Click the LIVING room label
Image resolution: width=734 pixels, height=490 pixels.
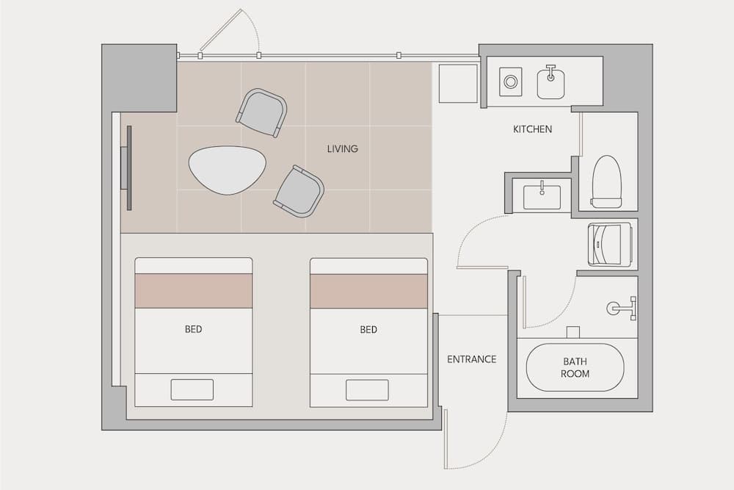click(x=342, y=149)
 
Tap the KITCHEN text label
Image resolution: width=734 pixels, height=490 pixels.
click(x=532, y=129)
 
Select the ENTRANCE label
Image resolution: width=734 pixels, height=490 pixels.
click(x=471, y=359)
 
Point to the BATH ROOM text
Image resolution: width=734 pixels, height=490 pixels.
click(x=575, y=367)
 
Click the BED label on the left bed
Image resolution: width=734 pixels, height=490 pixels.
click(x=193, y=330)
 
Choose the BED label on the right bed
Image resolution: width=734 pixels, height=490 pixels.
click(x=368, y=330)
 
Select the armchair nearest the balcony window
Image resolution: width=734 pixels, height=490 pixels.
click(x=261, y=112)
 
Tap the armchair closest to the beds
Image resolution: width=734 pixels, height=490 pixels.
click(x=299, y=191)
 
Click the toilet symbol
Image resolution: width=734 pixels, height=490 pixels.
click(x=606, y=181)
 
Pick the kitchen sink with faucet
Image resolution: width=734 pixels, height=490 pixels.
click(x=550, y=82)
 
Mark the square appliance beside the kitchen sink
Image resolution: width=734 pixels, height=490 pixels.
click(x=510, y=82)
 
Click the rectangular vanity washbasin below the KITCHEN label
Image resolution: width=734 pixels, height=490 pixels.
click(x=542, y=196)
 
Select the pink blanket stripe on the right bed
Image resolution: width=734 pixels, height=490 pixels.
click(x=368, y=291)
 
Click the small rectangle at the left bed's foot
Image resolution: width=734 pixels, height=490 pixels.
click(x=192, y=389)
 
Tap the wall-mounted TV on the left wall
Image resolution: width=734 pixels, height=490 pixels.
click(x=128, y=167)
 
